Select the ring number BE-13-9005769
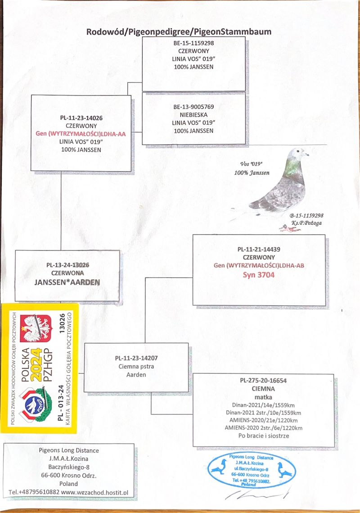coord(193,108)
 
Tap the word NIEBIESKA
coord(193,115)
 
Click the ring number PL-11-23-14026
coord(81,118)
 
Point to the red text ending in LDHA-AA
coord(81,134)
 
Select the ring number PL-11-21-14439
coord(259,249)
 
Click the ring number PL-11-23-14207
coord(136,359)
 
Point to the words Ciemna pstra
coord(136,366)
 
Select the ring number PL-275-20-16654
coord(263,381)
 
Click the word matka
coord(263,397)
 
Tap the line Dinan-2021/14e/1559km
coord(263,405)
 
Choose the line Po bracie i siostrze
coord(263,436)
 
